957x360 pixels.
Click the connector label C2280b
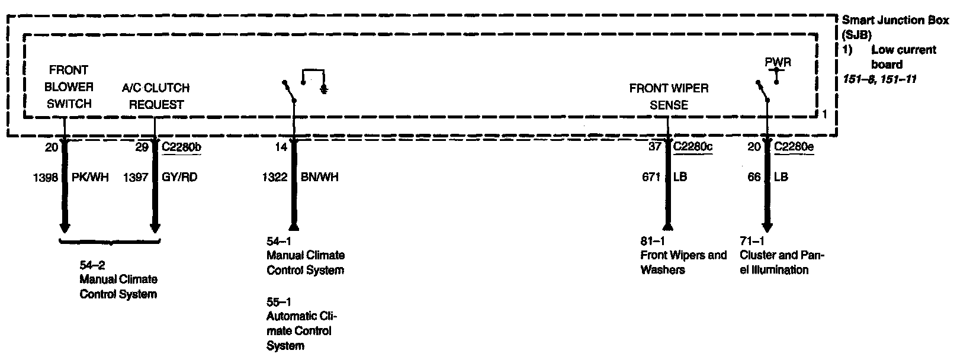pyautogui.click(x=181, y=147)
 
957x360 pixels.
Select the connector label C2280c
pyautogui.click(x=692, y=147)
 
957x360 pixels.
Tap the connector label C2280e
pyautogui.click(x=794, y=147)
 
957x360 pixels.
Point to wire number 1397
pyautogui.click(x=135, y=177)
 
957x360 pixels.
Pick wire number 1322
pyautogui.click(x=275, y=177)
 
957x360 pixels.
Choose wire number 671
pyautogui.click(x=651, y=177)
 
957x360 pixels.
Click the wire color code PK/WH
pyautogui.click(x=90, y=177)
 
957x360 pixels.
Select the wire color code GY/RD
pyautogui.click(x=179, y=177)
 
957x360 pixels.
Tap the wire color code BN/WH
pyautogui.click(x=320, y=177)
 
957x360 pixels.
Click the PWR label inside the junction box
pyautogui.click(x=778, y=62)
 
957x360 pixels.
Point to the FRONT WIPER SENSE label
pyautogui.click(x=669, y=97)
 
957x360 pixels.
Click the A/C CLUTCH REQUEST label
pyautogui.click(x=156, y=96)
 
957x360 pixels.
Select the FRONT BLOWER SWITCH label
pyautogui.click(x=69, y=86)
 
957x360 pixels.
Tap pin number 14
pyautogui.click(x=281, y=147)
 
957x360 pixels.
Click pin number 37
pyautogui.click(x=654, y=147)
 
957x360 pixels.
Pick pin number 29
pyautogui.click(x=142, y=147)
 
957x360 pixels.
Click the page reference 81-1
pyautogui.click(x=652, y=241)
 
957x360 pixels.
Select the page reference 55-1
pyautogui.click(x=278, y=301)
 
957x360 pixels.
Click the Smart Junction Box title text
pyautogui.click(x=895, y=20)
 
